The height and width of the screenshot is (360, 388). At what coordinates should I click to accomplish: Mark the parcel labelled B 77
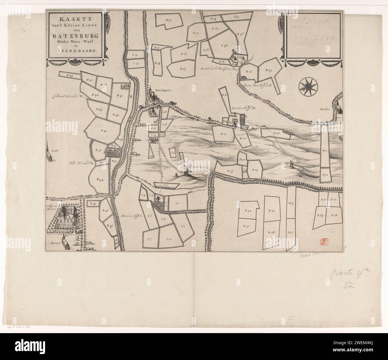tap(169, 21)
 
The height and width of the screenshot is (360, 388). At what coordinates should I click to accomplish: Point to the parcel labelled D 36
tap(276, 134)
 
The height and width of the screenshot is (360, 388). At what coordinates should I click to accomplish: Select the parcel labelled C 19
tap(135, 55)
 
